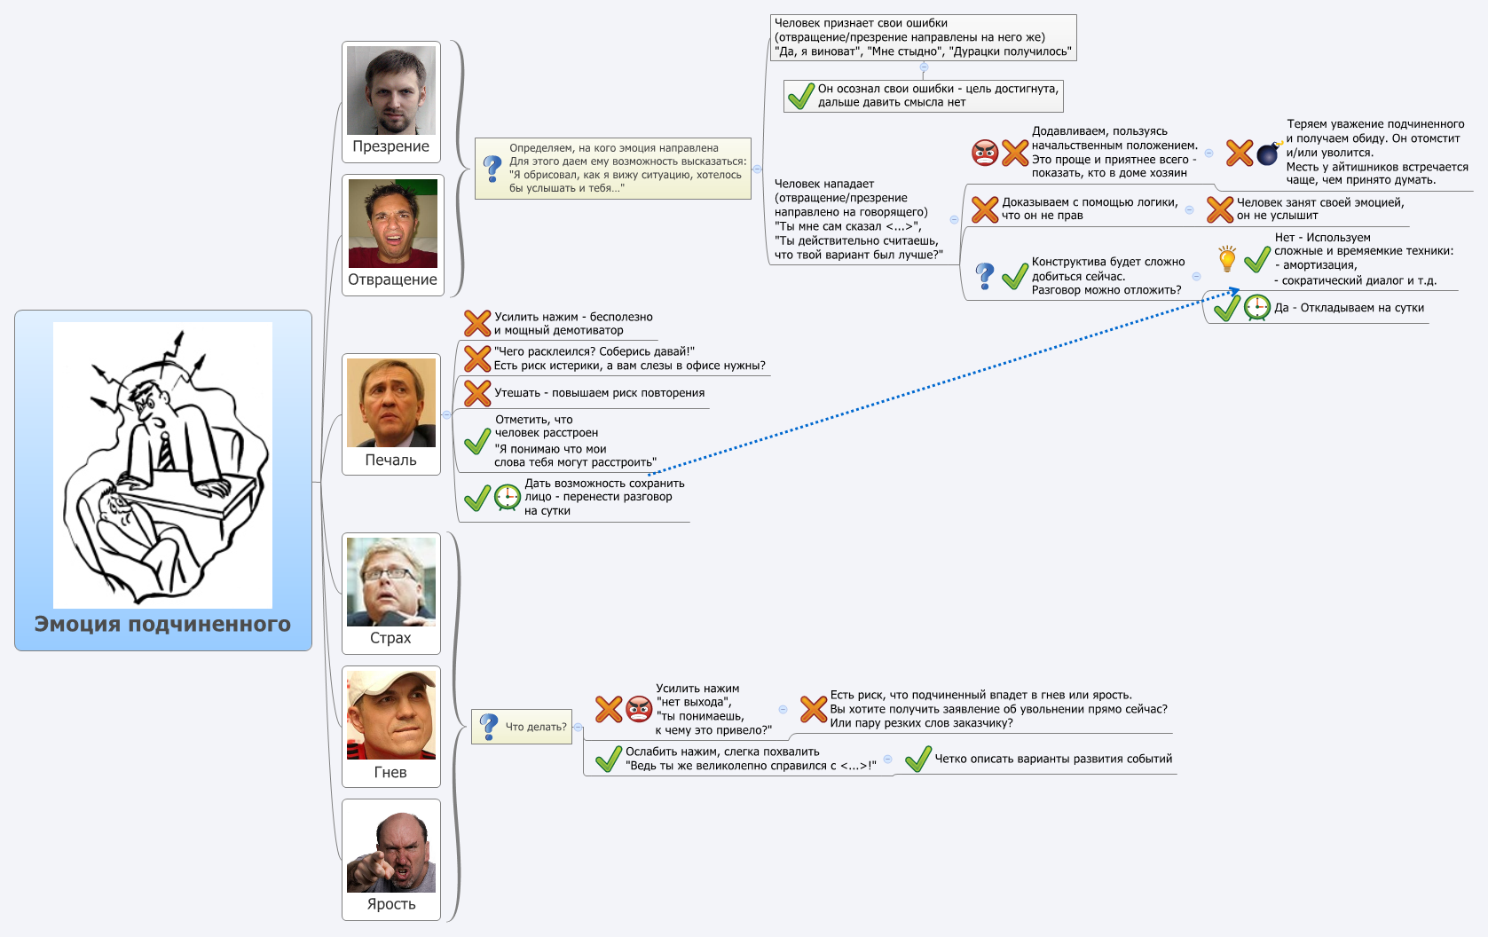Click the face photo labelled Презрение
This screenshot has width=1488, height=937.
(x=391, y=91)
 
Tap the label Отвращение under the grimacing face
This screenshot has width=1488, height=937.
(x=392, y=280)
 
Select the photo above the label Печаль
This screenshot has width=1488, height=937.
(x=391, y=403)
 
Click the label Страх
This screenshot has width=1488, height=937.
(x=390, y=638)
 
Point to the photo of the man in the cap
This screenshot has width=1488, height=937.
(x=391, y=714)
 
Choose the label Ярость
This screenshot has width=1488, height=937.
(x=391, y=904)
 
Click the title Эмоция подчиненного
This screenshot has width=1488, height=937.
(x=162, y=624)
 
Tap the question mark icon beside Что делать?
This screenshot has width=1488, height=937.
(x=489, y=727)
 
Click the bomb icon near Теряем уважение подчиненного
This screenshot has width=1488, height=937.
(x=1269, y=154)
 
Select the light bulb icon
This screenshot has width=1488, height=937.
(x=1227, y=259)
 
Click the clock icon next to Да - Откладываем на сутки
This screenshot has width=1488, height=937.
(x=1256, y=308)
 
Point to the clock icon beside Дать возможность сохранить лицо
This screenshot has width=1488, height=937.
(x=508, y=497)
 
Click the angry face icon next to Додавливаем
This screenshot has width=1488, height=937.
(x=985, y=153)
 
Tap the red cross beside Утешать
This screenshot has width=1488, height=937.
(x=477, y=393)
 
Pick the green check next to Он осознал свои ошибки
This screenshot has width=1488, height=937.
(x=800, y=96)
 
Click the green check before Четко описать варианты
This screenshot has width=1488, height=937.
(x=917, y=760)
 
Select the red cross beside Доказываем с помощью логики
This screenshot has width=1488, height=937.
(x=985, y=209)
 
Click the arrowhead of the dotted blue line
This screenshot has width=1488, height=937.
(x=1235, y=290)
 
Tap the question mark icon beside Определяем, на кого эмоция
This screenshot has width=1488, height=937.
(x=492, y=169)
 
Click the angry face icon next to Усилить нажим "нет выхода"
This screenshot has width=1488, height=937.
(x=639, y=709)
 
